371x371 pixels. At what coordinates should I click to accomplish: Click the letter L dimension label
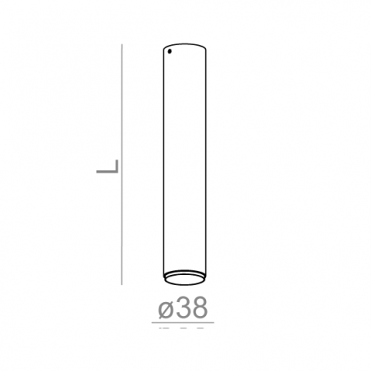(108, 167)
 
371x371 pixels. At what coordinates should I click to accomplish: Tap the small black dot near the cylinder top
(170, 51)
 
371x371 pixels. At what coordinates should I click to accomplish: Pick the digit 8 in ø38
(199, 307)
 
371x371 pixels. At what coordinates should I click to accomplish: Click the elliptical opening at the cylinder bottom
(185, 280)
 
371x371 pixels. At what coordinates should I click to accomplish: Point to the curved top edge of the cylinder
(185, 44)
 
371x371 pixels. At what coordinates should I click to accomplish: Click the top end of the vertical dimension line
(121, 44)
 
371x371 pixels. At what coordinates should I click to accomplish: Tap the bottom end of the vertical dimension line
(121, 285)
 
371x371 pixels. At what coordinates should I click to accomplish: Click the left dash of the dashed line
(164, 327)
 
